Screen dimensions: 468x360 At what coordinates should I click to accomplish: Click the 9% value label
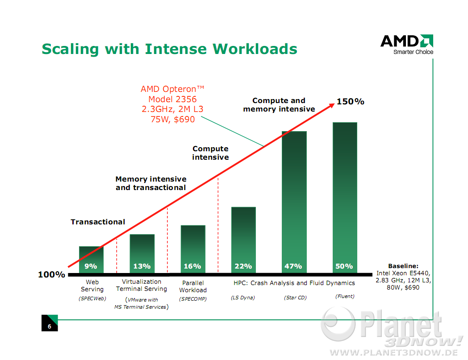[x=91, y=266]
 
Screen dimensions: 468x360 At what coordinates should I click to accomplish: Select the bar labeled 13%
[x=142, y=253]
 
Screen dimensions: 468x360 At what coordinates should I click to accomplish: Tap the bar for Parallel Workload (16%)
[x=193, y=249]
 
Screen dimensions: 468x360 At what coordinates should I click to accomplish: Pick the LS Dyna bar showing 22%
[x=243, y=240]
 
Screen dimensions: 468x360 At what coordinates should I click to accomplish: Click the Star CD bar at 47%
[x=294, y=202]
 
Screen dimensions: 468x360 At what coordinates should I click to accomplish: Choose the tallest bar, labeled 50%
[x=345, y=198]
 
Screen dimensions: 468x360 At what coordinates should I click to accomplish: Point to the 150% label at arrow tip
[x=351, y=102]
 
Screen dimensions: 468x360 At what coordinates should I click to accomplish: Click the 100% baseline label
[x=51, y=274]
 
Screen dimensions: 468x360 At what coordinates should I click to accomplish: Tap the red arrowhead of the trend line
[x=332, y=105]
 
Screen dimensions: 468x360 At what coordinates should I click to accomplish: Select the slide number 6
[x=50, y=327]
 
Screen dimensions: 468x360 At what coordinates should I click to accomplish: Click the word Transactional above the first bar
[x=98, y=222]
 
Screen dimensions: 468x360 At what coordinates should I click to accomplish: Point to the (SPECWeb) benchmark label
[x=92, y=298]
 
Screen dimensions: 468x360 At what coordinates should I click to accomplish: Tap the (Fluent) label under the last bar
[x=345, y=296]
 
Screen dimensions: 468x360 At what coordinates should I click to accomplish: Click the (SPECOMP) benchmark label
[x=193, y=299]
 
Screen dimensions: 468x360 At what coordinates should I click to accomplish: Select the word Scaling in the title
[x=70, y=49]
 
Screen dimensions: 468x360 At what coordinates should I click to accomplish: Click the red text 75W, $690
[x=173, y=119]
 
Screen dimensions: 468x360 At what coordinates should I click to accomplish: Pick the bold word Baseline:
[x=403, y=266]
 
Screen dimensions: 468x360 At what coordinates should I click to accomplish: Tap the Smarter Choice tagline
[x=414, y=52]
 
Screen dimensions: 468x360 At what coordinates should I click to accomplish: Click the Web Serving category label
[x=92, y=286]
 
